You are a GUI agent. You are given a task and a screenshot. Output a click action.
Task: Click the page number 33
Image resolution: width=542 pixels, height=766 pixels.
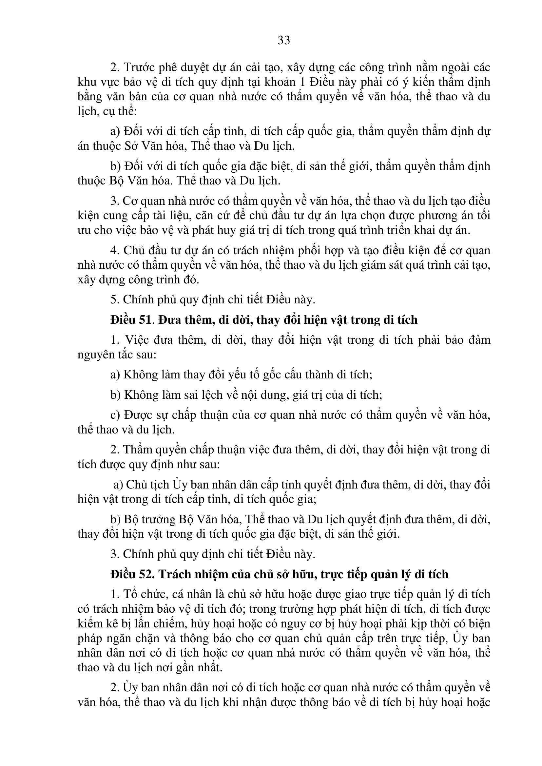pos(284,40)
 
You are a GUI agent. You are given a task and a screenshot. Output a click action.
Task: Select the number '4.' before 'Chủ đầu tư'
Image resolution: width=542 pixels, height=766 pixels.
pos(115,251)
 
